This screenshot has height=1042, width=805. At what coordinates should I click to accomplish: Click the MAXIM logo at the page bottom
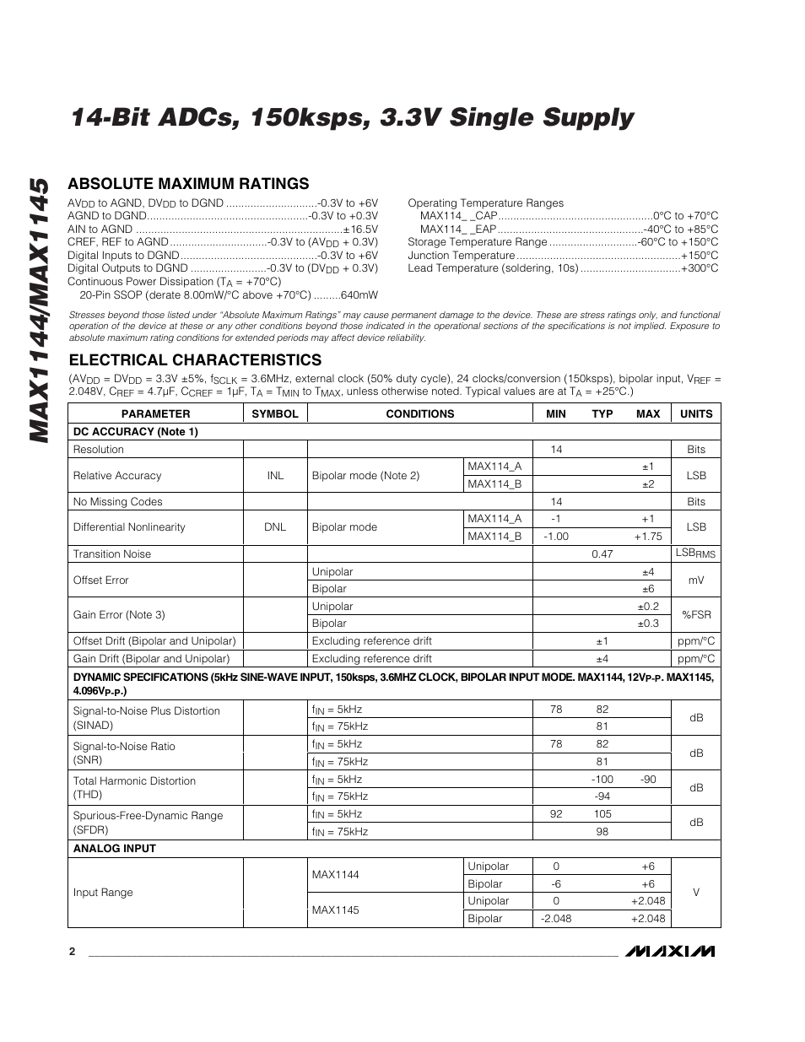(x=670, y=951)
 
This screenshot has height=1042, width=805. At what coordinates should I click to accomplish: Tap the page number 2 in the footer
(x=72, y=951)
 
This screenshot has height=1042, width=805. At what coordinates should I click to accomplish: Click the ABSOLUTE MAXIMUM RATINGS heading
(x=188, y=184)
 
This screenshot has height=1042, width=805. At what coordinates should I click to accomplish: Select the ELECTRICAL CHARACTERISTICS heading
(x=194, y=360)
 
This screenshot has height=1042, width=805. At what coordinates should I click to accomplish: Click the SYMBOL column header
(x=275, y=413)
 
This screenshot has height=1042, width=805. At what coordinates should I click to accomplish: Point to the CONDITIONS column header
(x=419, y=413)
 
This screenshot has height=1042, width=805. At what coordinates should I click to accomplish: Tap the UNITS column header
(x=695, y=413)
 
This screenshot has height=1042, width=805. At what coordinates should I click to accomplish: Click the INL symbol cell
(x=275, y=475)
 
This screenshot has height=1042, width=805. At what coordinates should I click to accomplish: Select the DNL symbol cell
(x=275, y=526)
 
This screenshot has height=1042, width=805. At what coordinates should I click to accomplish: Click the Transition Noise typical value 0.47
(x=602, y=553)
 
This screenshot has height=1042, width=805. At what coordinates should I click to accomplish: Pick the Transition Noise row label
(x=112, y=553)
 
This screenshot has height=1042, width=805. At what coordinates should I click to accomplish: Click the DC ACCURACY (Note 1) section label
(x=135, y=431)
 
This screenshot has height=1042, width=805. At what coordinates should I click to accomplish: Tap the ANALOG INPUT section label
(x=114, y=848)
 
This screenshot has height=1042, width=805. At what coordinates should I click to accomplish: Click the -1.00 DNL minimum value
(x=556, y=536)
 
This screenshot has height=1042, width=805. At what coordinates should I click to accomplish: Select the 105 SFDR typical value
(x=602, y=814)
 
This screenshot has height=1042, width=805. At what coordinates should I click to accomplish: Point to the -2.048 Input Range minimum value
(x=556, y=918)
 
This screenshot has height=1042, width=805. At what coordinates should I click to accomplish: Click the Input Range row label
(x=103, y=892)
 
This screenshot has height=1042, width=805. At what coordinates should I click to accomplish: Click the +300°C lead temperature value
(x=700, y=268)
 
